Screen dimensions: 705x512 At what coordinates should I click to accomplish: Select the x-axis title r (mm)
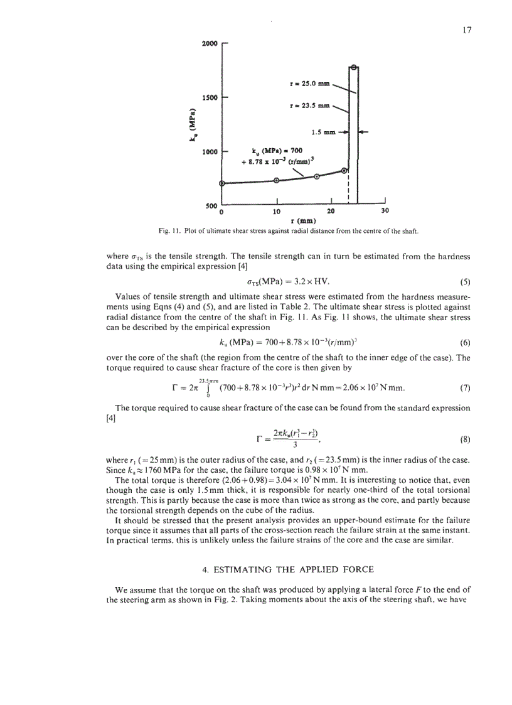coord(304,220)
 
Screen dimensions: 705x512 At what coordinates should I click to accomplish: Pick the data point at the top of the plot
coord(354,67)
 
